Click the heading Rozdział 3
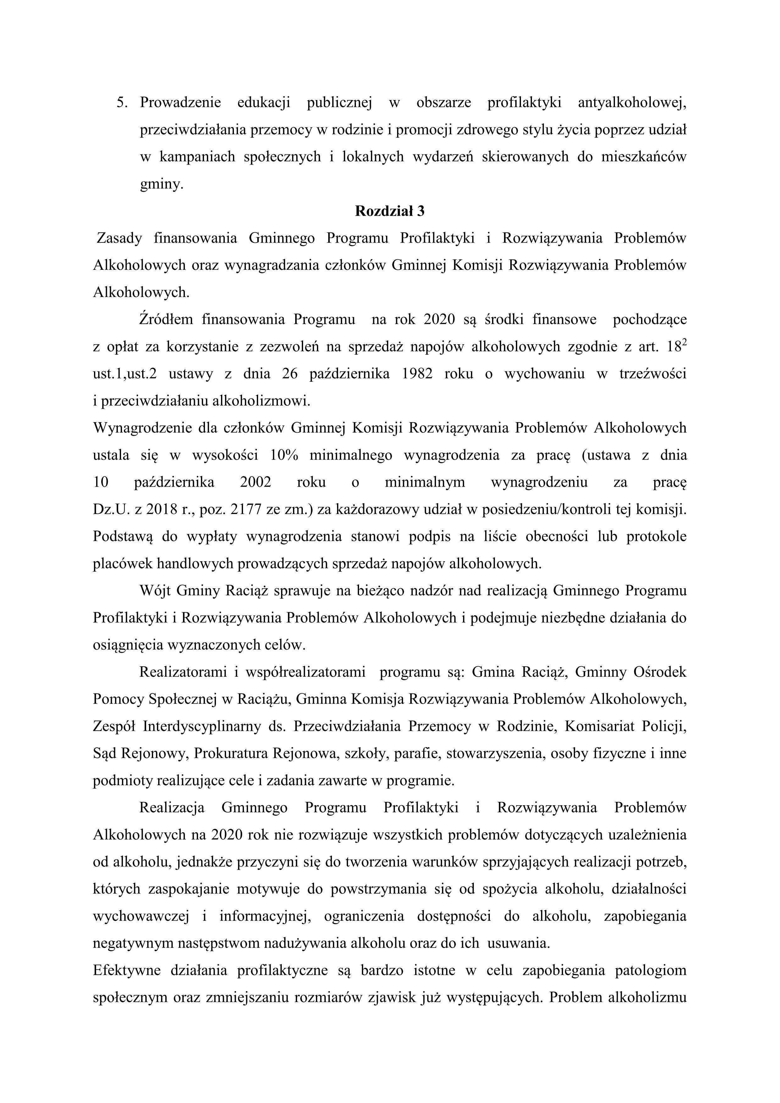(x=390, y=211)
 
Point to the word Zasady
(x=119, y=238)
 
